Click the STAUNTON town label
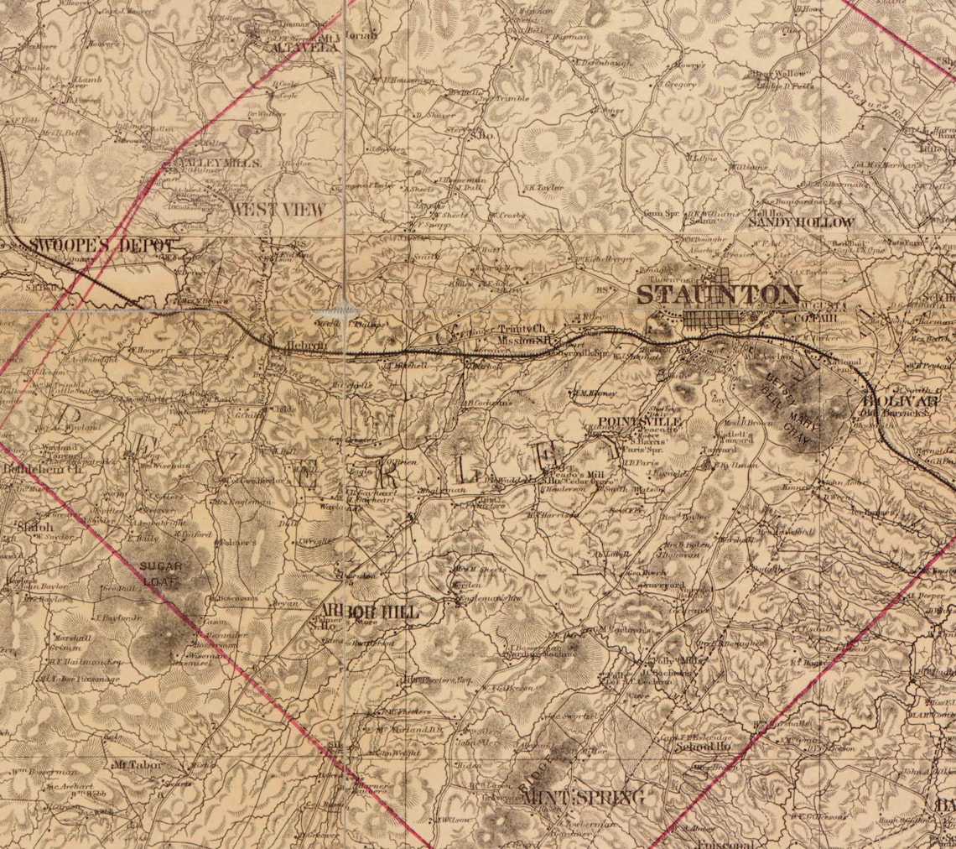tap(719, 294)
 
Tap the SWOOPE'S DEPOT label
tap(103, 246)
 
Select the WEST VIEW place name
tap(278, 210)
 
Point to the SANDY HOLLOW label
tap(801, 222)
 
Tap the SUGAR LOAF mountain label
tap(161, 572)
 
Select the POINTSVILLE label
tap(640, 422)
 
